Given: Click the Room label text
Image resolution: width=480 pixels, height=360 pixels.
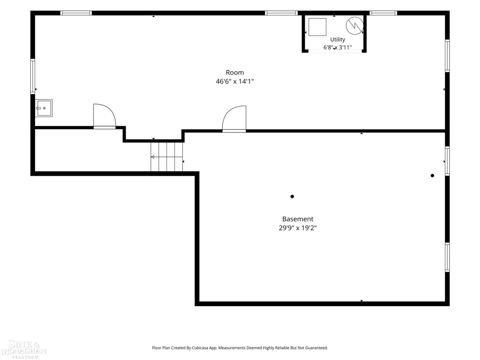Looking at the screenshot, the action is click(235, 72).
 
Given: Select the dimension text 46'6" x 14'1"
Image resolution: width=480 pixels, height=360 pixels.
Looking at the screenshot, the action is click(235, 82).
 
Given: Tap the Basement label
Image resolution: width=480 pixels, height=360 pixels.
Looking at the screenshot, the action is click(298, 219).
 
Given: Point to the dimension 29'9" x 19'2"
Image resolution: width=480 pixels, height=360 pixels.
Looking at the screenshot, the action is click(298, 228).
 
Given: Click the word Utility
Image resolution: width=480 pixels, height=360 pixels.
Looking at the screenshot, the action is click(337, 39).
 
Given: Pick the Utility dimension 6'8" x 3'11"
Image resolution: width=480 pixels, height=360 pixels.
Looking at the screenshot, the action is click(337, 48).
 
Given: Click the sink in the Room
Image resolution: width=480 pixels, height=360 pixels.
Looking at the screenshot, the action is click(44, 108).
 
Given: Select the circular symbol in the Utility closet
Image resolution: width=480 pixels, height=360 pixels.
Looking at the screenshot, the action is click(355, 25).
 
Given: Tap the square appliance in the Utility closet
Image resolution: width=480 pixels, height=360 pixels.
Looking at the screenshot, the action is click(317, 27).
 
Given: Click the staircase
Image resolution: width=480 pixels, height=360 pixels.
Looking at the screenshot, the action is click(167, 157).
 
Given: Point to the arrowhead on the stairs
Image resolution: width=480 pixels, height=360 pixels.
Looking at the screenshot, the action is click(153, 157).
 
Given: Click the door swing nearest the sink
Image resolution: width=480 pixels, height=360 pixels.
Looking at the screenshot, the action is click(104, 116).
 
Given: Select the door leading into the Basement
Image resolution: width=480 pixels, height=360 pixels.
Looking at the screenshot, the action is click(234, 119).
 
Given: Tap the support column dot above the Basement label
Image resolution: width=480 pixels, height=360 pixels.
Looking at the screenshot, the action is click(292, 196).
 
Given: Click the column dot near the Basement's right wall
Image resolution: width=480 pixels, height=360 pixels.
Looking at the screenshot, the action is click(432, 176).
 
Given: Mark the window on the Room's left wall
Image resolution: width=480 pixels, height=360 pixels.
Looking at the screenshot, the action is click(33, 76).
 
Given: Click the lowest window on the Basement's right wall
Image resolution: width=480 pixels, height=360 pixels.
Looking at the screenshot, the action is click(447, 257).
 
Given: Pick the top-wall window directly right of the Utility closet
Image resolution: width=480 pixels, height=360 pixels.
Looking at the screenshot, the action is click(383, 13).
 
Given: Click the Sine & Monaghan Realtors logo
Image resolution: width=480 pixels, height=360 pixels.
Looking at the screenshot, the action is click(24, 348).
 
